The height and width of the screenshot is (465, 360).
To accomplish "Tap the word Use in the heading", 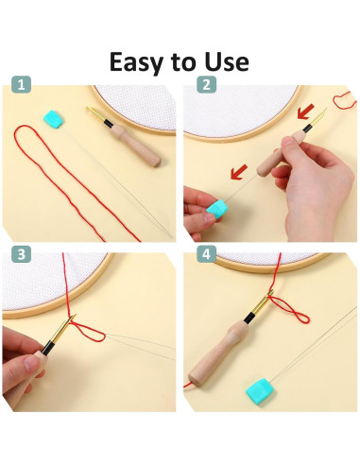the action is pyautogui.click(x=227, y=61).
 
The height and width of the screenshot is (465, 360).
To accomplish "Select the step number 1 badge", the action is pyautogui.click(x=21, y=84).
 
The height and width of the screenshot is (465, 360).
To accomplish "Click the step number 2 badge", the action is pyautogui.click(x=206, y=84).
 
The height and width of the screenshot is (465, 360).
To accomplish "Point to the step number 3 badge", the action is pyautogui.click(x=21, y=254).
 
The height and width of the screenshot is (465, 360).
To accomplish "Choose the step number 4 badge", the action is pyautogui.click(x=206, y=254).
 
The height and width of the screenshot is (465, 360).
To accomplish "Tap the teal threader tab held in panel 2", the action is pyautogui.click(x=216, y=208).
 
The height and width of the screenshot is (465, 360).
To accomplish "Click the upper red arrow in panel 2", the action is pyautogui.click(x=305, y=112).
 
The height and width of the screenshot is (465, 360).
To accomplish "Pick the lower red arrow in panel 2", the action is pyautogui.click(x=239, y=172).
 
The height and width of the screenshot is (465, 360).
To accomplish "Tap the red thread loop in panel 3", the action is pyautogui.click(x=87, y=332).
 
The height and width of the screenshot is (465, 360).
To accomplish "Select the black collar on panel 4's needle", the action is pyautogui.click(x=249, y=318).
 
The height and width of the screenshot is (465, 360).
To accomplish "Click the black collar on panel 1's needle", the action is pyautogui.click(x=108, y=123).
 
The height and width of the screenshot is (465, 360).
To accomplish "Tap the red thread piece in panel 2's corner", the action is pyautogui.click(x=345, y=100).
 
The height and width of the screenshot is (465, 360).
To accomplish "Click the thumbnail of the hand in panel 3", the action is pyautogui.click(x=31, y=363).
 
